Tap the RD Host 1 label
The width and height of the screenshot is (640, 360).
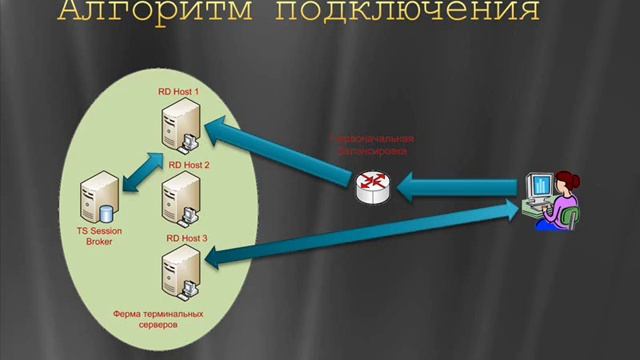pos(180,91)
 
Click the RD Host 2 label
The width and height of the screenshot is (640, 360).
pos(189,164)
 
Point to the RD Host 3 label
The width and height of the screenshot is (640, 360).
pos(186,239)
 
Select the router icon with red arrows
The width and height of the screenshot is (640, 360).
pos(374,182)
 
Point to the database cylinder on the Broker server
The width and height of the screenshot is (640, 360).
pos(107,212)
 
